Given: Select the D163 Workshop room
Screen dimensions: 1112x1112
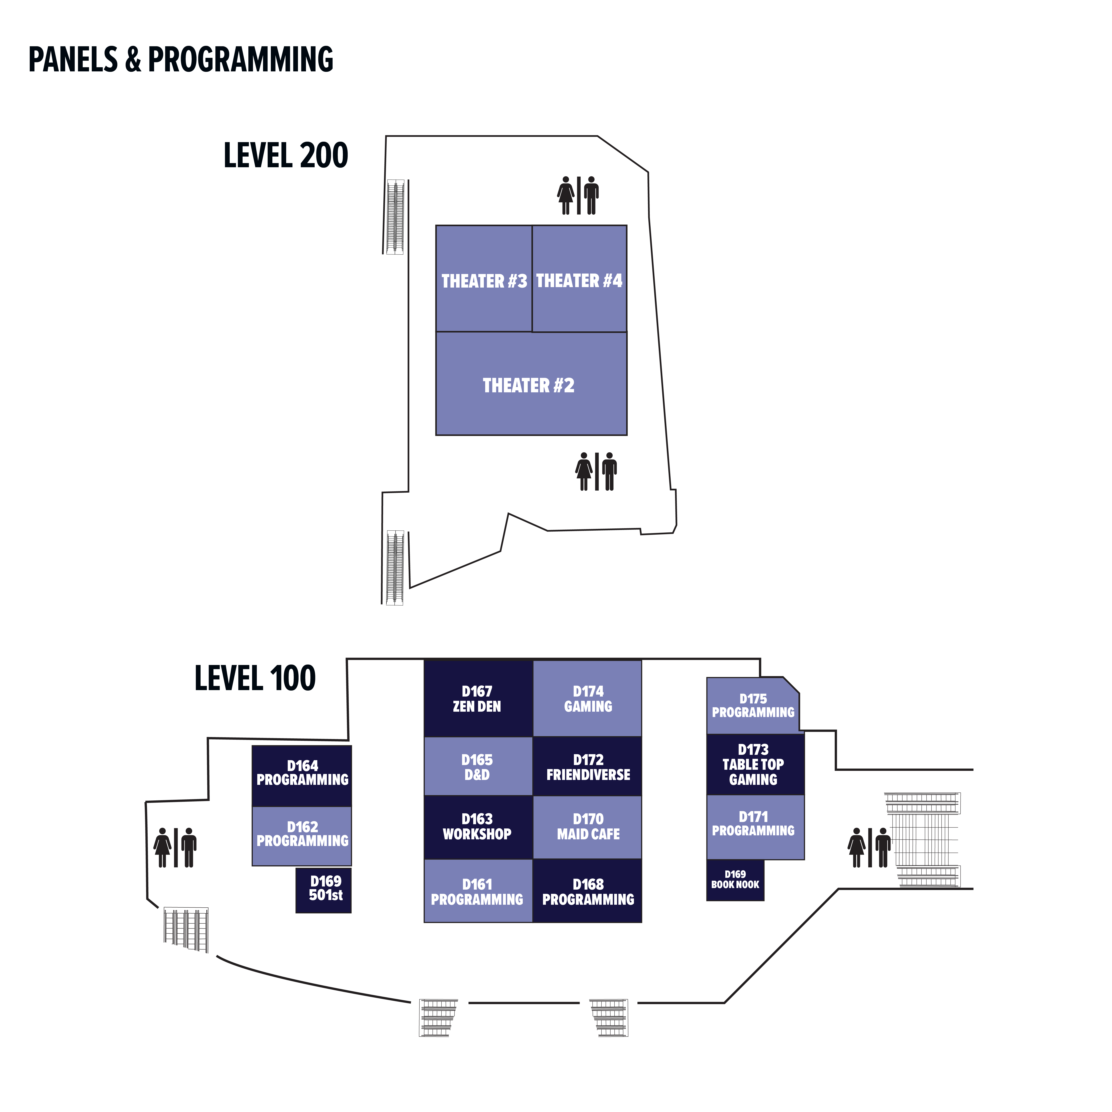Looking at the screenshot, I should click(x=478, y=826).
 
